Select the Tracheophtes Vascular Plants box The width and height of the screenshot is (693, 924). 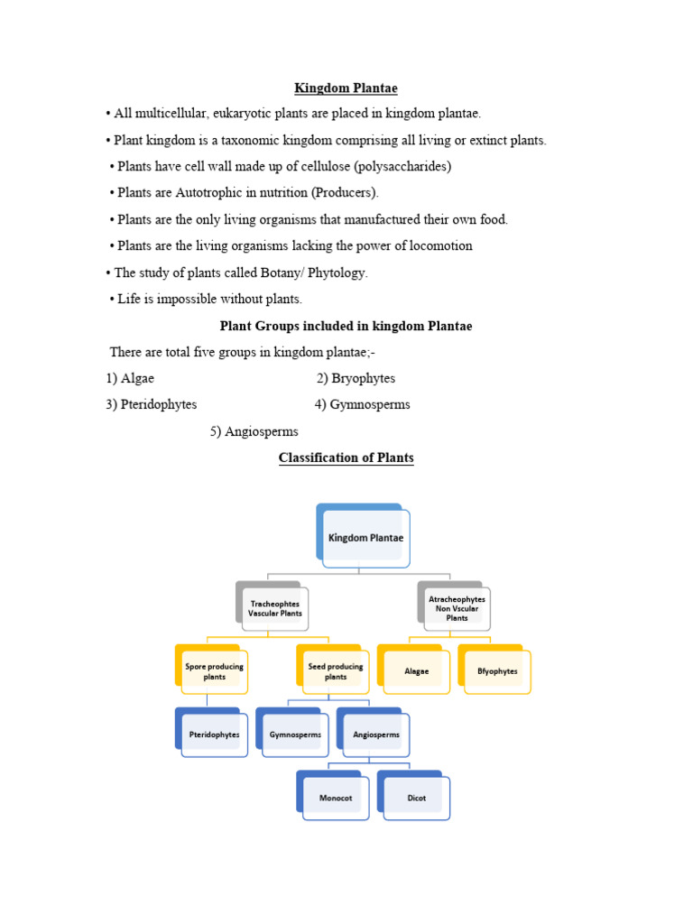[x=275, y=607]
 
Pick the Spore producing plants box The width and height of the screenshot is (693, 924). [x=214, y=671]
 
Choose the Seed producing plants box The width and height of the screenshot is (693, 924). [x=335, y=671]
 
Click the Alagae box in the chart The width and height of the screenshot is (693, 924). [x=417, y=671]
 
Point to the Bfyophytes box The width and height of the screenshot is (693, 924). [x=497, y=671]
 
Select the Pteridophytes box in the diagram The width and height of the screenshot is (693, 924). [x=214, y=735]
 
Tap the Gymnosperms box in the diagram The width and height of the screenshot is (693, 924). [x=295, y=735]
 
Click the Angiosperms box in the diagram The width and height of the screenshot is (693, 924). [x=376, y=735]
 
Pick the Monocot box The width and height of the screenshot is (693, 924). [x=335, y=798]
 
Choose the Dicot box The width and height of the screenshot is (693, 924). [x=416, y=798]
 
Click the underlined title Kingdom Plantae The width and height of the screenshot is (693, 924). [x=346, y=88]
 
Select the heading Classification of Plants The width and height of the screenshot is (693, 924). [x=346, y=457]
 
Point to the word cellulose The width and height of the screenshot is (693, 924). [x=319, y=167]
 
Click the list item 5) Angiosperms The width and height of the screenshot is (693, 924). [x=254, y=431]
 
